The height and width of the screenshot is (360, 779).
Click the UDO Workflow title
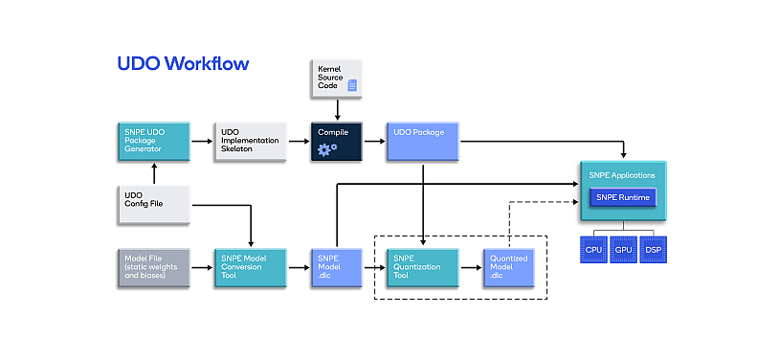(183, 64)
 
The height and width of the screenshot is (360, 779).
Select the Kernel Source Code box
(338, 79)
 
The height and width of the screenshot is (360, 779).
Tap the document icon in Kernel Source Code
(352, 86)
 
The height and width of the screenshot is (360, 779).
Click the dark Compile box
(338, 141)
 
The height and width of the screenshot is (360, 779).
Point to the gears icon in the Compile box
(327, 148)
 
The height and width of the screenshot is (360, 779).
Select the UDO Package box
(422, 141)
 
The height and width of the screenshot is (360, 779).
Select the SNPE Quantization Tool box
(422, 267)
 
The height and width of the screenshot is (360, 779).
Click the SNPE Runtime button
(622, 197)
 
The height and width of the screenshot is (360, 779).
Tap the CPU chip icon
(593, 250)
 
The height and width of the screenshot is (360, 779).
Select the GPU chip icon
(623, 250)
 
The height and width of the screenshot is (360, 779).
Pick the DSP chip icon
(653, 250)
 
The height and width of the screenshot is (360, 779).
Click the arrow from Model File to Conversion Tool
(202, 267)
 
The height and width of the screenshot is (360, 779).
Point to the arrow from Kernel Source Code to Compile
(338, 110)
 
